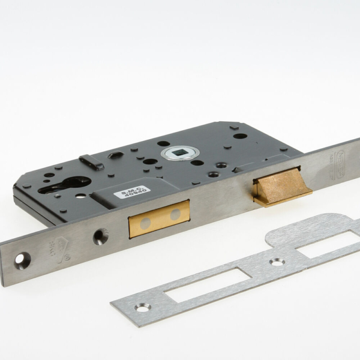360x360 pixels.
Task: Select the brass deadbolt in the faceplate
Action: [159, 217]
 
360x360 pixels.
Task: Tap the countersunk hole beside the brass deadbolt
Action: [100, 236]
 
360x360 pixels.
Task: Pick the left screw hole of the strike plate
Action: [142, 307]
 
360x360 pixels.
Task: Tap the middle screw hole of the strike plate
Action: [277, 262]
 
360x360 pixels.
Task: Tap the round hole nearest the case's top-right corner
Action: [240, 136]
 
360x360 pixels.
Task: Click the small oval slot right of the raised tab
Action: [116, 155]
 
